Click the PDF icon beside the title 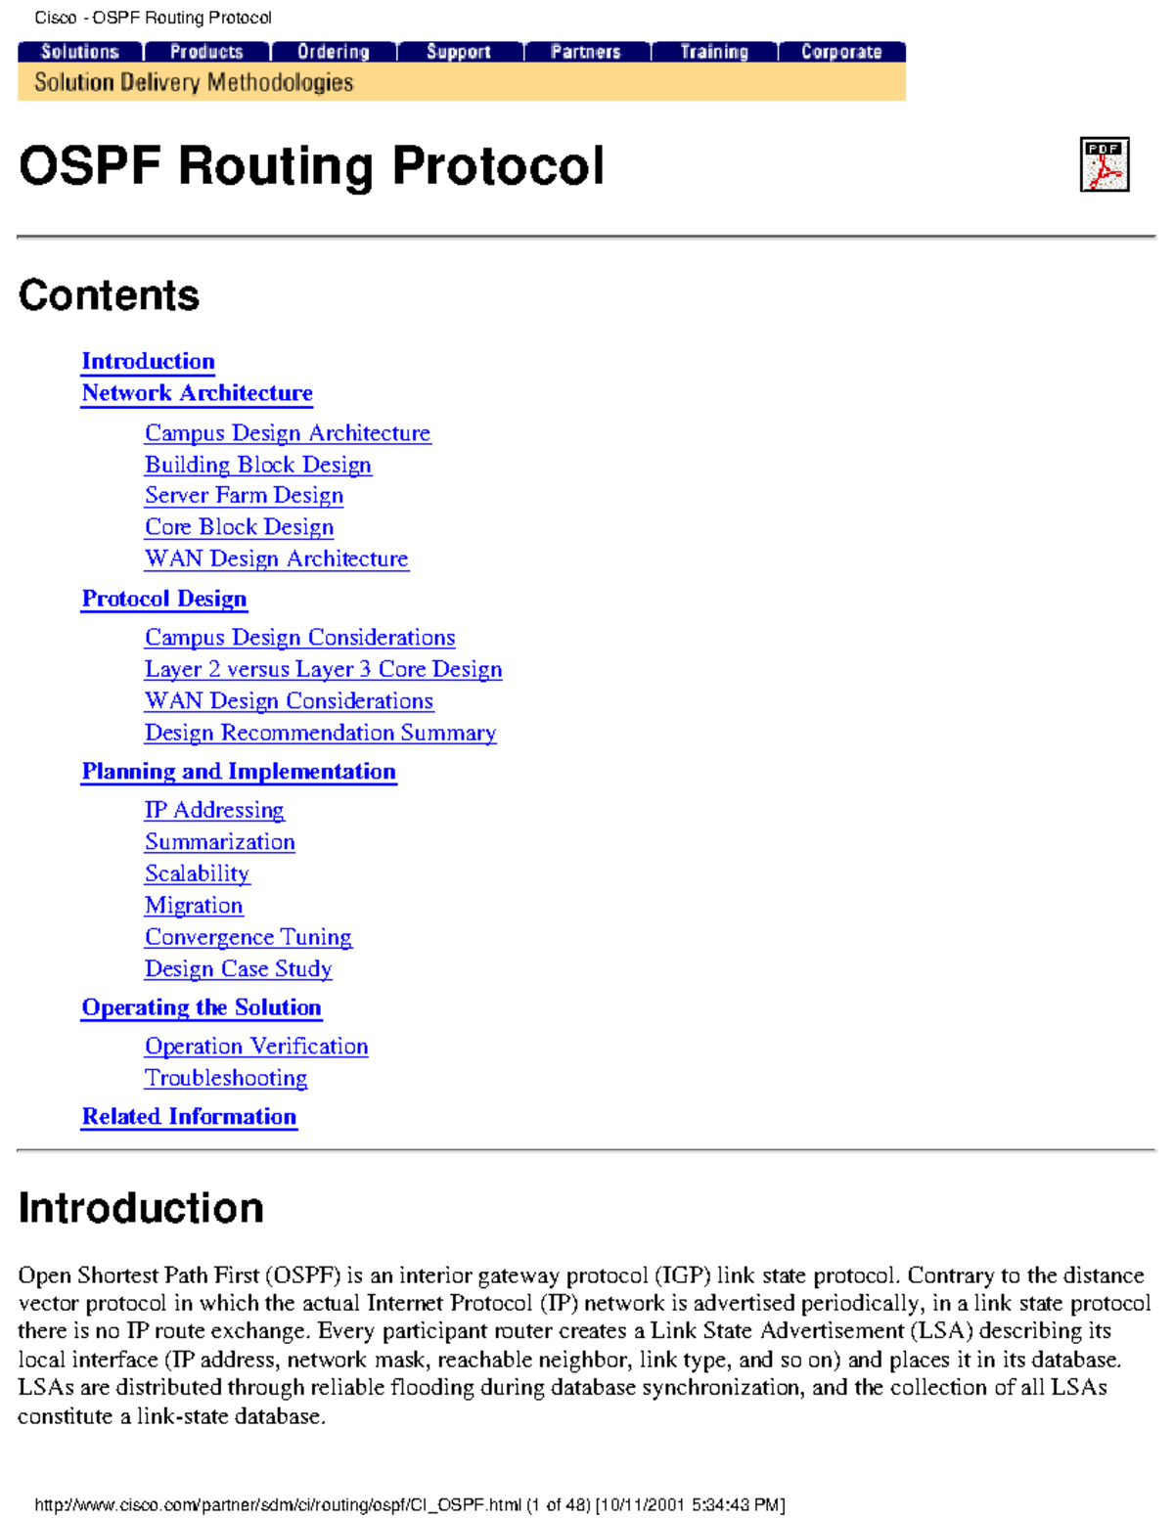[x=1104, y=164]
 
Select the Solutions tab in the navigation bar [x=80, y=52]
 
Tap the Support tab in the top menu [x=458, y=52]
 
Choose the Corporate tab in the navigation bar [x=841, y=52]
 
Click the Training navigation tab [x=714, y=52]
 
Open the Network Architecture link [x=197, y=393]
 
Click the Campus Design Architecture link [x=288, y=433]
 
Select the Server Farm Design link [x=244, y=496]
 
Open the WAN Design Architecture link [x=277, y=558]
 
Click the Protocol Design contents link [x=164, y=599]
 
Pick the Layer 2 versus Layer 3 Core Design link [x=323, y=669]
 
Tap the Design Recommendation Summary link [x=320, y=733]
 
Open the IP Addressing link [x=214, y=810]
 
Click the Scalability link [x=197, y=873]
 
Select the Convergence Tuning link [x=248, y=937]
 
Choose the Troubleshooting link [x=226, y=1078]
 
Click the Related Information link [x=189, y=1117]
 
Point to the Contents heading [x=109, y=295]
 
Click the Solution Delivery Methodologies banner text [x=194, y=83]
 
